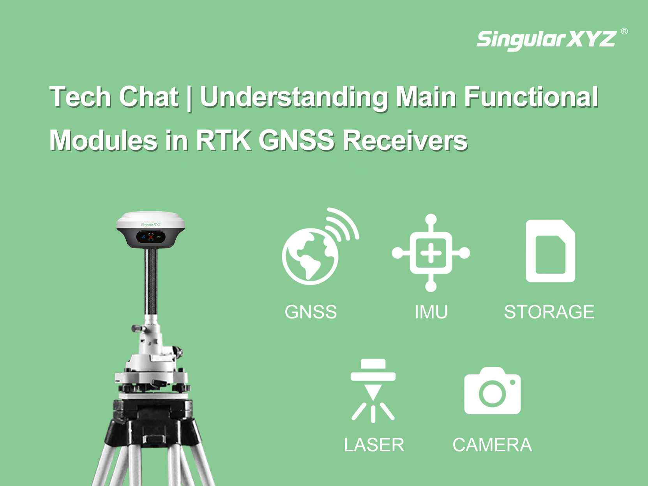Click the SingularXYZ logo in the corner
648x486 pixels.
click(x=546, y=40)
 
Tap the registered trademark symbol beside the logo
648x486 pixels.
click(x=624, y=31)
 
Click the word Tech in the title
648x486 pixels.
click(x=80, y=97)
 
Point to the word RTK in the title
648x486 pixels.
click(x=224, y=141)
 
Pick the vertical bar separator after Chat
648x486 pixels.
click(x=189, y=98)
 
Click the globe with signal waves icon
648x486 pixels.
click(x=320, y=246)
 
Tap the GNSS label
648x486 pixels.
click(x=311, y=312)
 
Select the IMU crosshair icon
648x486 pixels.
click(x=431, y=253)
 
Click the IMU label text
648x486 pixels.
click(x=431, y=312)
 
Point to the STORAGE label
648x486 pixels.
click(x=549, y=312)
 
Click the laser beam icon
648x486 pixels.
click(x=373, y=391)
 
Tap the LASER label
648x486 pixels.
click(x=374, y=445)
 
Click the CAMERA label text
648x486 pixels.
click(x=492, y=445)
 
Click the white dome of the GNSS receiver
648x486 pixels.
click(x=150, y=219)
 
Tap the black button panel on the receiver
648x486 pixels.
click(x=150, y=237)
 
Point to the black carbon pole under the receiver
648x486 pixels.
click(x=151, y=281)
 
